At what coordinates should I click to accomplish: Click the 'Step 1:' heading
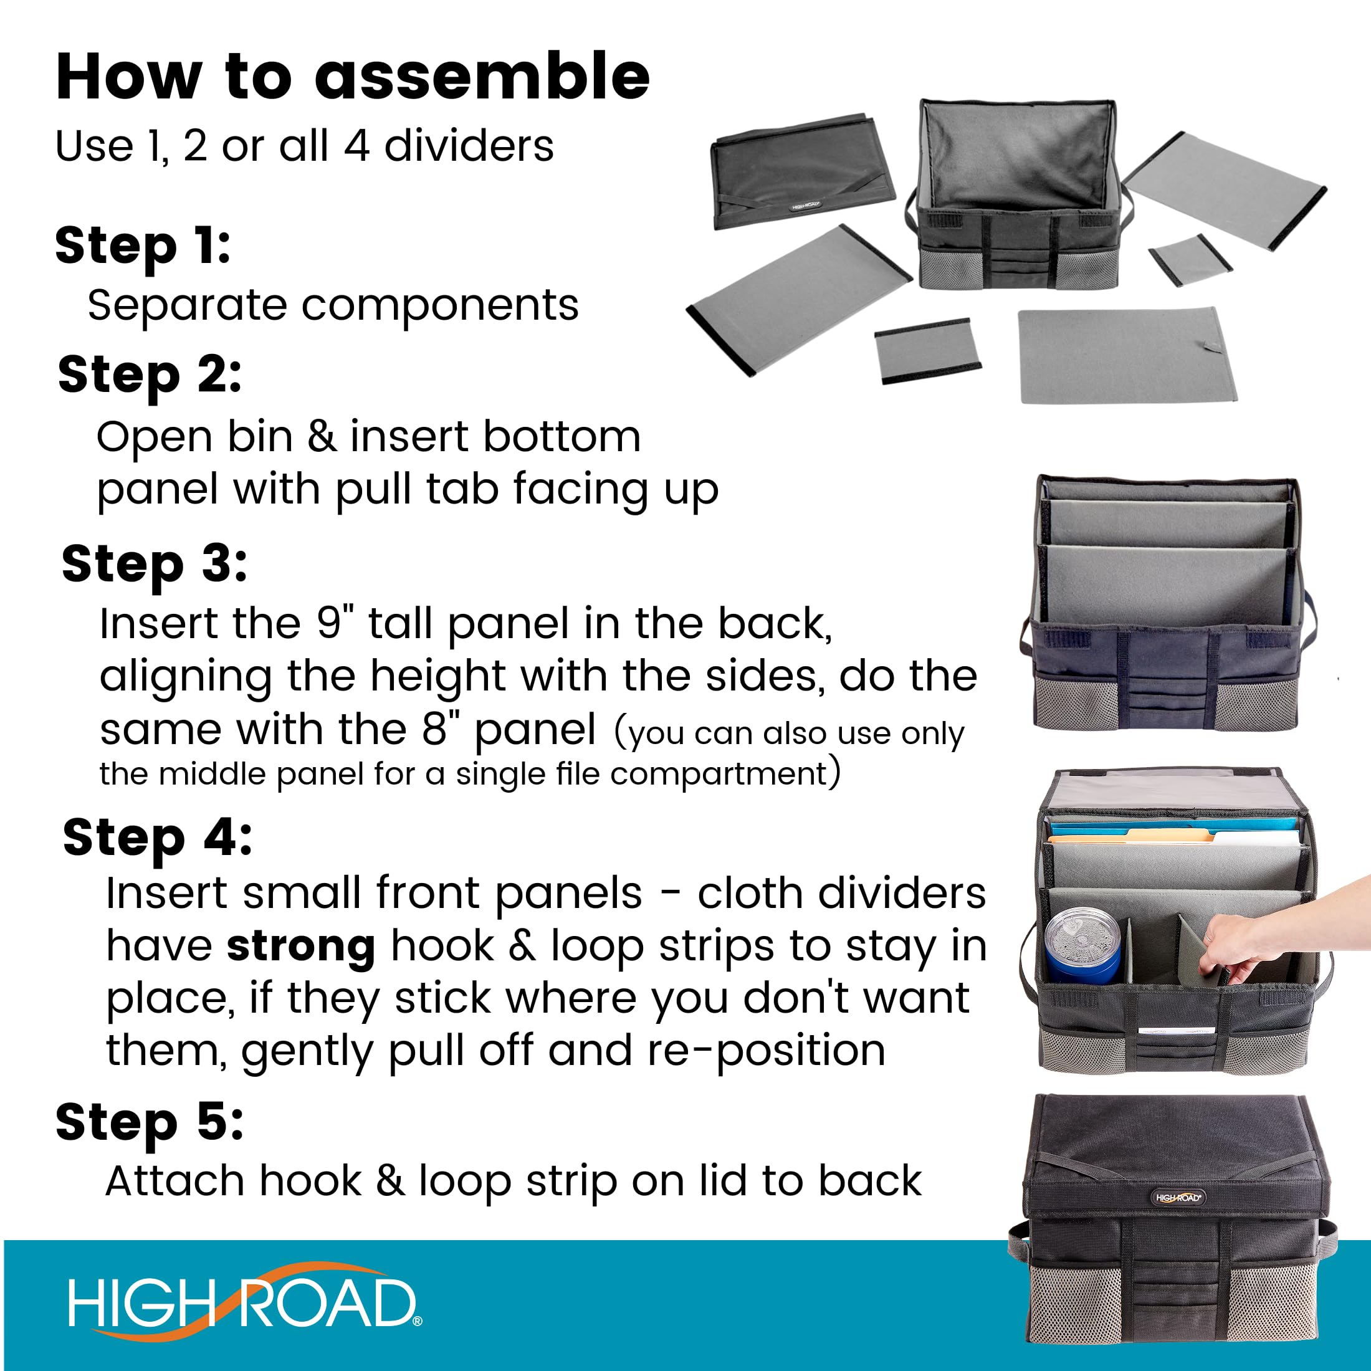(x=143, y=246)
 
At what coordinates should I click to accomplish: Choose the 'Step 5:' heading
(x=150, y=1124)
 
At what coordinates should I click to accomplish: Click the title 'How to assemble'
(x=353, y=77)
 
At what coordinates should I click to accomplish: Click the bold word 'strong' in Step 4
(x=301, y=948)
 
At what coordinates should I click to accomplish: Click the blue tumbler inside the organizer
(x=1082, y=946)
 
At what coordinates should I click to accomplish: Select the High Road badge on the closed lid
(x=1178, y=1198)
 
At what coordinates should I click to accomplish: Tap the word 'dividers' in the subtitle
(x=469, y=146)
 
